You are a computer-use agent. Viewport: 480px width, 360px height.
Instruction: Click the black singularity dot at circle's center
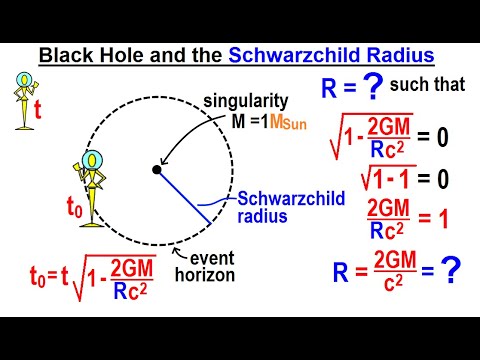coord(156,171)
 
